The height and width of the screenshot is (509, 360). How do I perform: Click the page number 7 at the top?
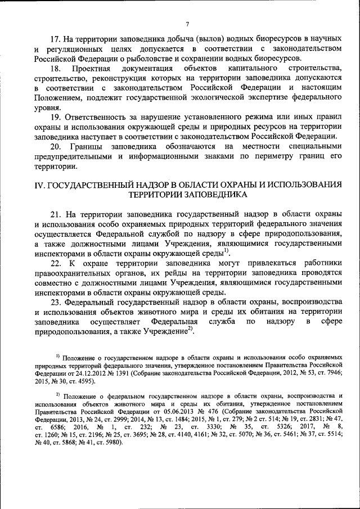(187, 24)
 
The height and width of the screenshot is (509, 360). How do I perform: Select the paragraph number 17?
(55, 38)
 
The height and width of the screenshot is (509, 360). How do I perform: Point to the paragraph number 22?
(56, 263)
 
